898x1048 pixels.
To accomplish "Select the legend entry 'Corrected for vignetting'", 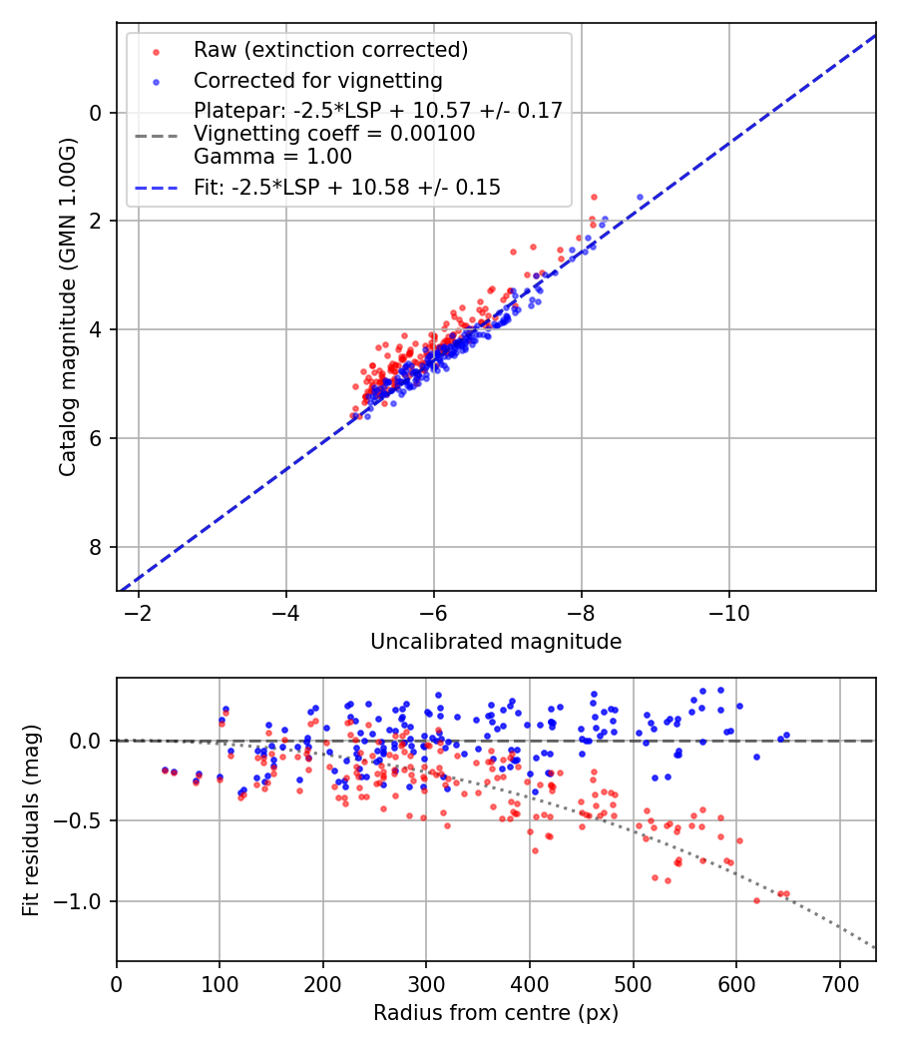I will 318,80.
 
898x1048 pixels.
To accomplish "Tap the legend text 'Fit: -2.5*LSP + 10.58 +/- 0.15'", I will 347,187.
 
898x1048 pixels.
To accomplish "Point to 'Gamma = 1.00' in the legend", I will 272,156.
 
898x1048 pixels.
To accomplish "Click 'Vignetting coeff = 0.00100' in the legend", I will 334,133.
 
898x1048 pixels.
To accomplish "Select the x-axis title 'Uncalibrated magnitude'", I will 496,642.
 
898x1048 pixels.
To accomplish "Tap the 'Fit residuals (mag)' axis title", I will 31,818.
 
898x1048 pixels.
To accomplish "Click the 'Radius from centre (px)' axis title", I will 496,1013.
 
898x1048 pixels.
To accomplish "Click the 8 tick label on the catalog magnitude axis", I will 97,547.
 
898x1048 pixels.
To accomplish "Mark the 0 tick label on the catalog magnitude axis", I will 97,113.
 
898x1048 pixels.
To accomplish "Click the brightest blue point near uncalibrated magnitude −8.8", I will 640,198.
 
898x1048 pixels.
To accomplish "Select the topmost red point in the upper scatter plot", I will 594,198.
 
